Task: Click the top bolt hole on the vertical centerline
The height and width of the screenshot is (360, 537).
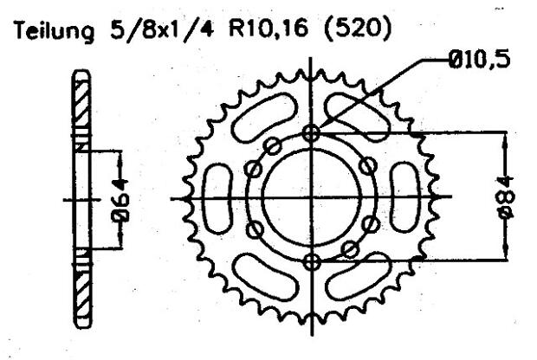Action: coord(313,132)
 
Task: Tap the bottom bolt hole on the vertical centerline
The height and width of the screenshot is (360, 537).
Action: coord(313,261)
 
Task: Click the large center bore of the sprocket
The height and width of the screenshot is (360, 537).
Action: coord(313,197)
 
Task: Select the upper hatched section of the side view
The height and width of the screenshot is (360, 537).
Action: coord(81,108)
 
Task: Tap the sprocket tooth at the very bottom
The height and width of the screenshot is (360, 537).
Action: coord(313,327)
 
